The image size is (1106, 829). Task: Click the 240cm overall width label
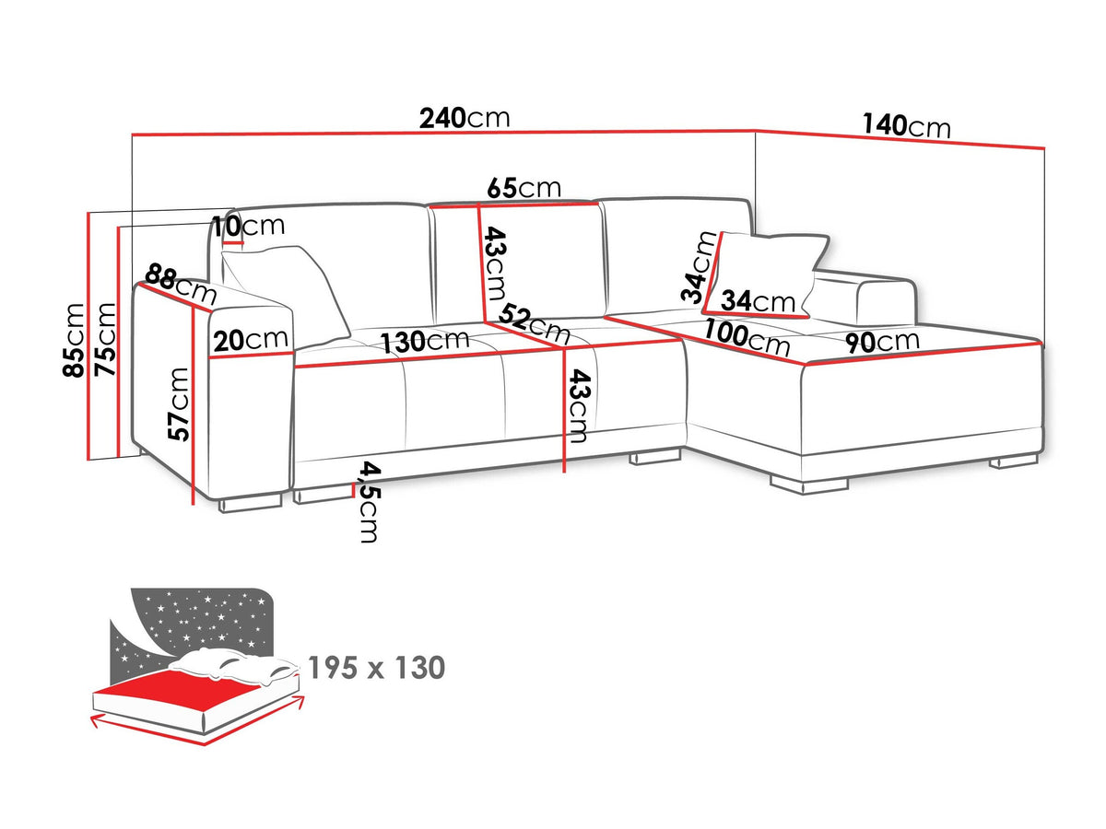[x=465, y=119]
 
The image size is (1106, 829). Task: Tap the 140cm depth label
[x=907, y=126]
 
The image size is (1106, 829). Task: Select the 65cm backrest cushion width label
[x=524, y=188]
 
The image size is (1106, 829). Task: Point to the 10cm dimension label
[x=248, y=227]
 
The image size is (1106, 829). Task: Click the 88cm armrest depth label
[x=181, y=285]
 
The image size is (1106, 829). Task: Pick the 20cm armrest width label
[x=251, y=341]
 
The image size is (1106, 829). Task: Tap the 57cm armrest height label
[x=179, y=404]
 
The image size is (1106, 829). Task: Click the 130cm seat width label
[x=425, y=342]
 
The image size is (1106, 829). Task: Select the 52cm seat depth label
[x=535, y=324]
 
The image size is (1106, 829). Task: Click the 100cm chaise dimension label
[x=747, y=338]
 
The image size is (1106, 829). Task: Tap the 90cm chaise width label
[x=882, y=341]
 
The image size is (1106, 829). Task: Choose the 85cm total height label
[x=74, y=340]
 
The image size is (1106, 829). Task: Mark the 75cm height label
[x=106, y=339]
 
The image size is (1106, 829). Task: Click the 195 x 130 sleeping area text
[x=376, y=668]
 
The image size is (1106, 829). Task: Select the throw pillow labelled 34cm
[x=766, y=274]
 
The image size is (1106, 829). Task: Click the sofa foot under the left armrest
[x=250, y=503]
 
